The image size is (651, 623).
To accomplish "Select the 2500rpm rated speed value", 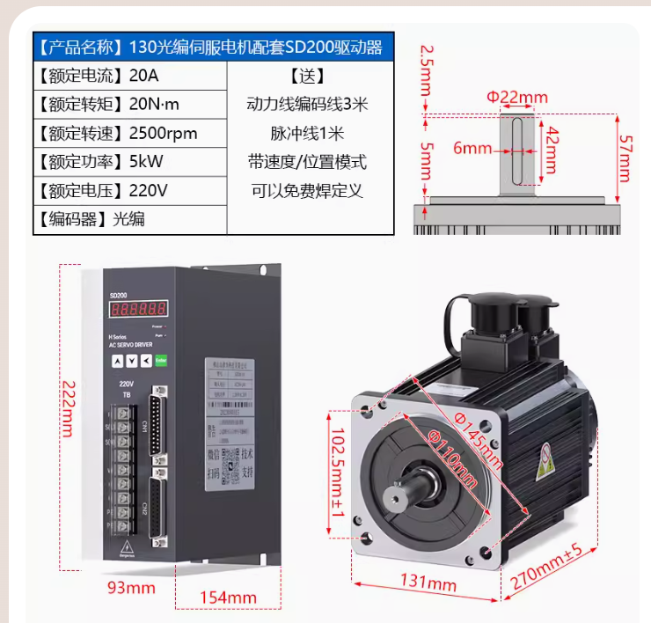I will coord(163,134).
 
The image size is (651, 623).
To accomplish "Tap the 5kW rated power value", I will coord(146,162).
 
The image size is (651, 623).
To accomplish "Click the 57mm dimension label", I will coord(625,146).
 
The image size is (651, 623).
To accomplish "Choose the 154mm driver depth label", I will coord(228,597).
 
